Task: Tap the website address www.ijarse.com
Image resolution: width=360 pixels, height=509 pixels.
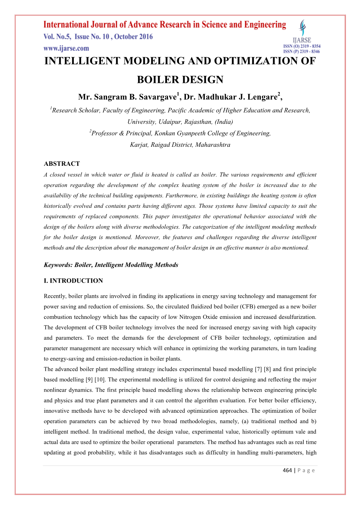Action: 66,48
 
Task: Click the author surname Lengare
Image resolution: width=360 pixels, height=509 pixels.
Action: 260,97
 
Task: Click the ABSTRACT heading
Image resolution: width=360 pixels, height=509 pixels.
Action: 62,164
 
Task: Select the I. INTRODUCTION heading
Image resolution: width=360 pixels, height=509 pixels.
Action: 73,281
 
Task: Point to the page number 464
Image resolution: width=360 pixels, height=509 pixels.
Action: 287,470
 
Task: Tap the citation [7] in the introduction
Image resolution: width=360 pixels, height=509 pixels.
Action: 258,369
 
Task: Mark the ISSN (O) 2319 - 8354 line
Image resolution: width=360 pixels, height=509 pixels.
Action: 302,46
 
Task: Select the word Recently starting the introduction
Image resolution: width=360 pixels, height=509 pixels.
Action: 55,296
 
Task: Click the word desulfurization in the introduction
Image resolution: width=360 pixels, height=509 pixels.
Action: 297,317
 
